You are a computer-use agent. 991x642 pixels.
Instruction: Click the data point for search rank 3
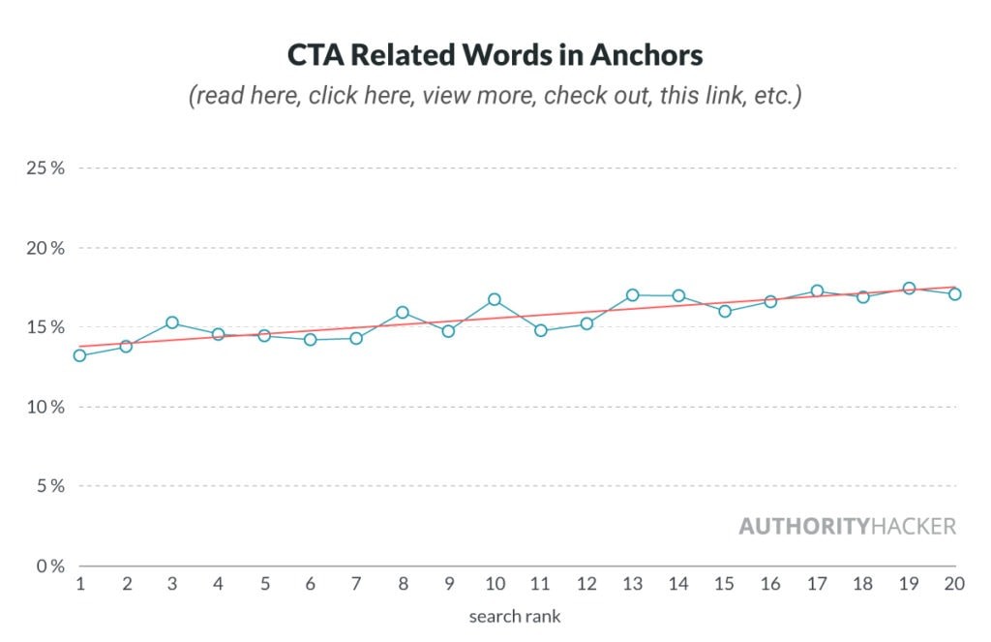coord(171,322)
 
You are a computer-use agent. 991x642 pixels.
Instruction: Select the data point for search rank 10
coord(494,299)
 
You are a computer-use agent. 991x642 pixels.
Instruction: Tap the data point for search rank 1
coord(79,355)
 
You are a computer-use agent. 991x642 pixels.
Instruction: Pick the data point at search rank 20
coord(954,293)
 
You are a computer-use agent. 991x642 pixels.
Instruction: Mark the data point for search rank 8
coord(402,312)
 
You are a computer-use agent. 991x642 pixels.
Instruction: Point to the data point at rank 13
coord(632,294)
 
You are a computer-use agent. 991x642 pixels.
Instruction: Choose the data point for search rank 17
coord(817,290)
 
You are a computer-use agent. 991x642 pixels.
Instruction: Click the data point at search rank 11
coord(540,330)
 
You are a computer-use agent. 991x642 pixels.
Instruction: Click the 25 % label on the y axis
coord(45,168)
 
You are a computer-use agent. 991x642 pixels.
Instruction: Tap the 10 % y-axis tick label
coord(45,407)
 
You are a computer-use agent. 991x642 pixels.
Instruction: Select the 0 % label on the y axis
coord(49,566)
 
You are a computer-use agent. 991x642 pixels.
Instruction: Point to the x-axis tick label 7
coord(355,585)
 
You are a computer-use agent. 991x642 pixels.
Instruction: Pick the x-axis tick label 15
coord(724,585)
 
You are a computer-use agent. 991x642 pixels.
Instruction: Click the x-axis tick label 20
coord(954,585)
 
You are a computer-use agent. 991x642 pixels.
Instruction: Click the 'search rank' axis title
coord(514,616)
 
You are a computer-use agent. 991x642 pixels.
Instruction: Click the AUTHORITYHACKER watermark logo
coord(847,527)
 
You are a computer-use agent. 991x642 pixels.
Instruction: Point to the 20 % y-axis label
coord(45,248)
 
